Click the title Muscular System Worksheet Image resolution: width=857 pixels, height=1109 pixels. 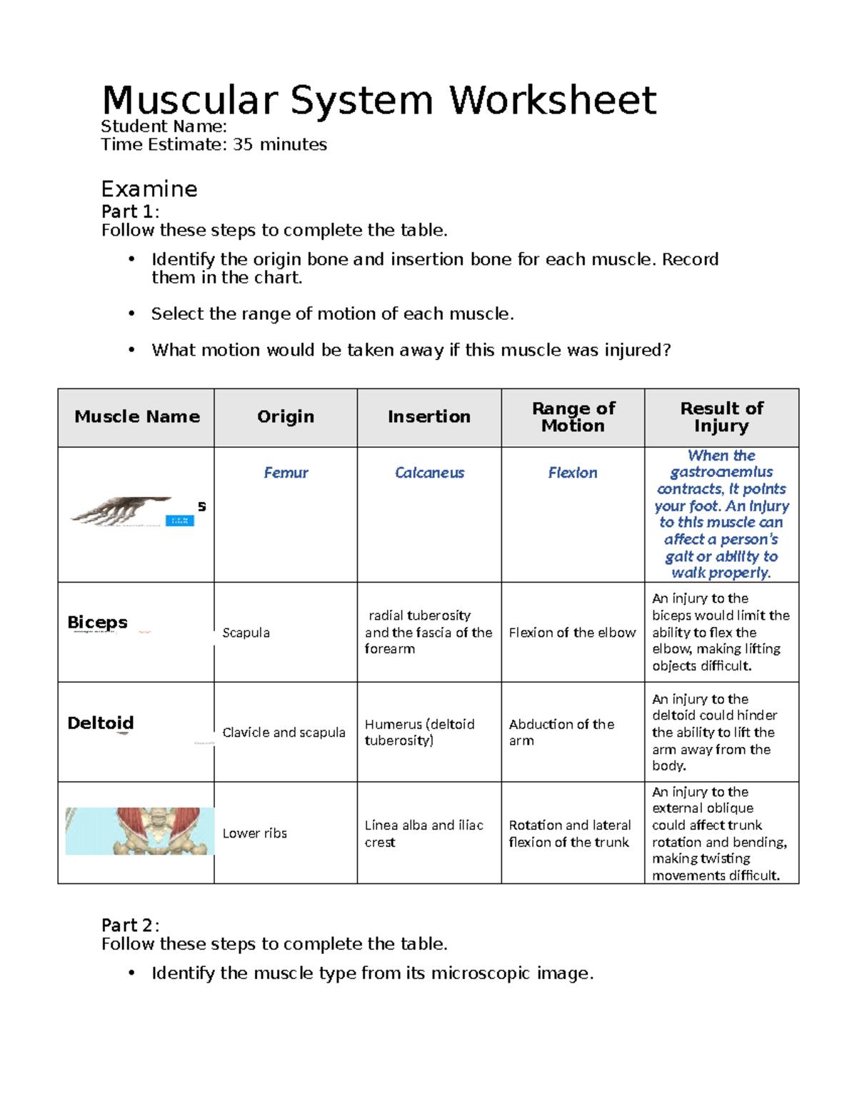pos(379,100)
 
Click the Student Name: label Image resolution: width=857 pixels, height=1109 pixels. pos(164,126)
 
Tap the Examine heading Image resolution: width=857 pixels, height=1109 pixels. pos(149,189)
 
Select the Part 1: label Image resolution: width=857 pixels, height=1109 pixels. pos(130,211)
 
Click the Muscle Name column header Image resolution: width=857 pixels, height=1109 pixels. pos(136,416)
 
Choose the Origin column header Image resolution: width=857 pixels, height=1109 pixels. pos(285,416)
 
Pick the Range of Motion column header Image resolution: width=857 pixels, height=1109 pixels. pos(573,417)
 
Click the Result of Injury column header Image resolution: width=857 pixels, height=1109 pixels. pos(721,417)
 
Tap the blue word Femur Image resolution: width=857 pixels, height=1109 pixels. pos(286,473)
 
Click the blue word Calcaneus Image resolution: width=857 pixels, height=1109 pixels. pos(429,473)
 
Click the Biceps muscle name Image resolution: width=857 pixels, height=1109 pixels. pos(97,622)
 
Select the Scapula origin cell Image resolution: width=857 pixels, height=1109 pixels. pos(246,633)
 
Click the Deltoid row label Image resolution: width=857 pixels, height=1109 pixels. pos(100,723)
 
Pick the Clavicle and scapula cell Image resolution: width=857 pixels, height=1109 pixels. pos(284,733)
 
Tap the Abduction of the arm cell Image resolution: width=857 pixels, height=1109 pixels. pos(561,732)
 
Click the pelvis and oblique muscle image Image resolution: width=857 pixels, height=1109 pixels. pos(139,831)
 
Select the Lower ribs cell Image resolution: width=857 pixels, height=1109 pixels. pos(254,833)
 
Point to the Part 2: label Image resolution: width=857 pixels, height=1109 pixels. pos(130,925)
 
